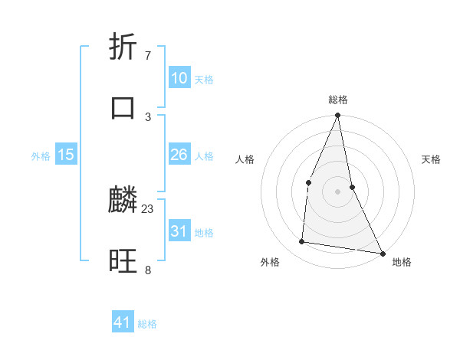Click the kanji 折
tap(124, 48)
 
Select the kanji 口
tap(123, 106)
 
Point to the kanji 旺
tap(123, 260)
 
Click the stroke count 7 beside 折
tap(147, 56)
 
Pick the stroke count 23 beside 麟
tap(148, 208)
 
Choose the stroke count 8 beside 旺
tap(147, 270)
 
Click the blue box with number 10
tap(179, 78)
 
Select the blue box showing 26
tap(179, 155)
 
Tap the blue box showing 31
tap(179, 231)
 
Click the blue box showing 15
tap(66, 155)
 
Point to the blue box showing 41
tap(123, 322)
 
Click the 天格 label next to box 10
tap(203, 80)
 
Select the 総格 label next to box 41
tap(147, 324)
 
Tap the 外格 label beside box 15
tap(41, 156)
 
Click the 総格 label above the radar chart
tap(338, 100)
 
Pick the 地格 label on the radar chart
tap(402, 262)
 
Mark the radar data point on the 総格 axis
tap(338, 116)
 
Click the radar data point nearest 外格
tap(302, 242)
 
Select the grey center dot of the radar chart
tap(338, 191)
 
